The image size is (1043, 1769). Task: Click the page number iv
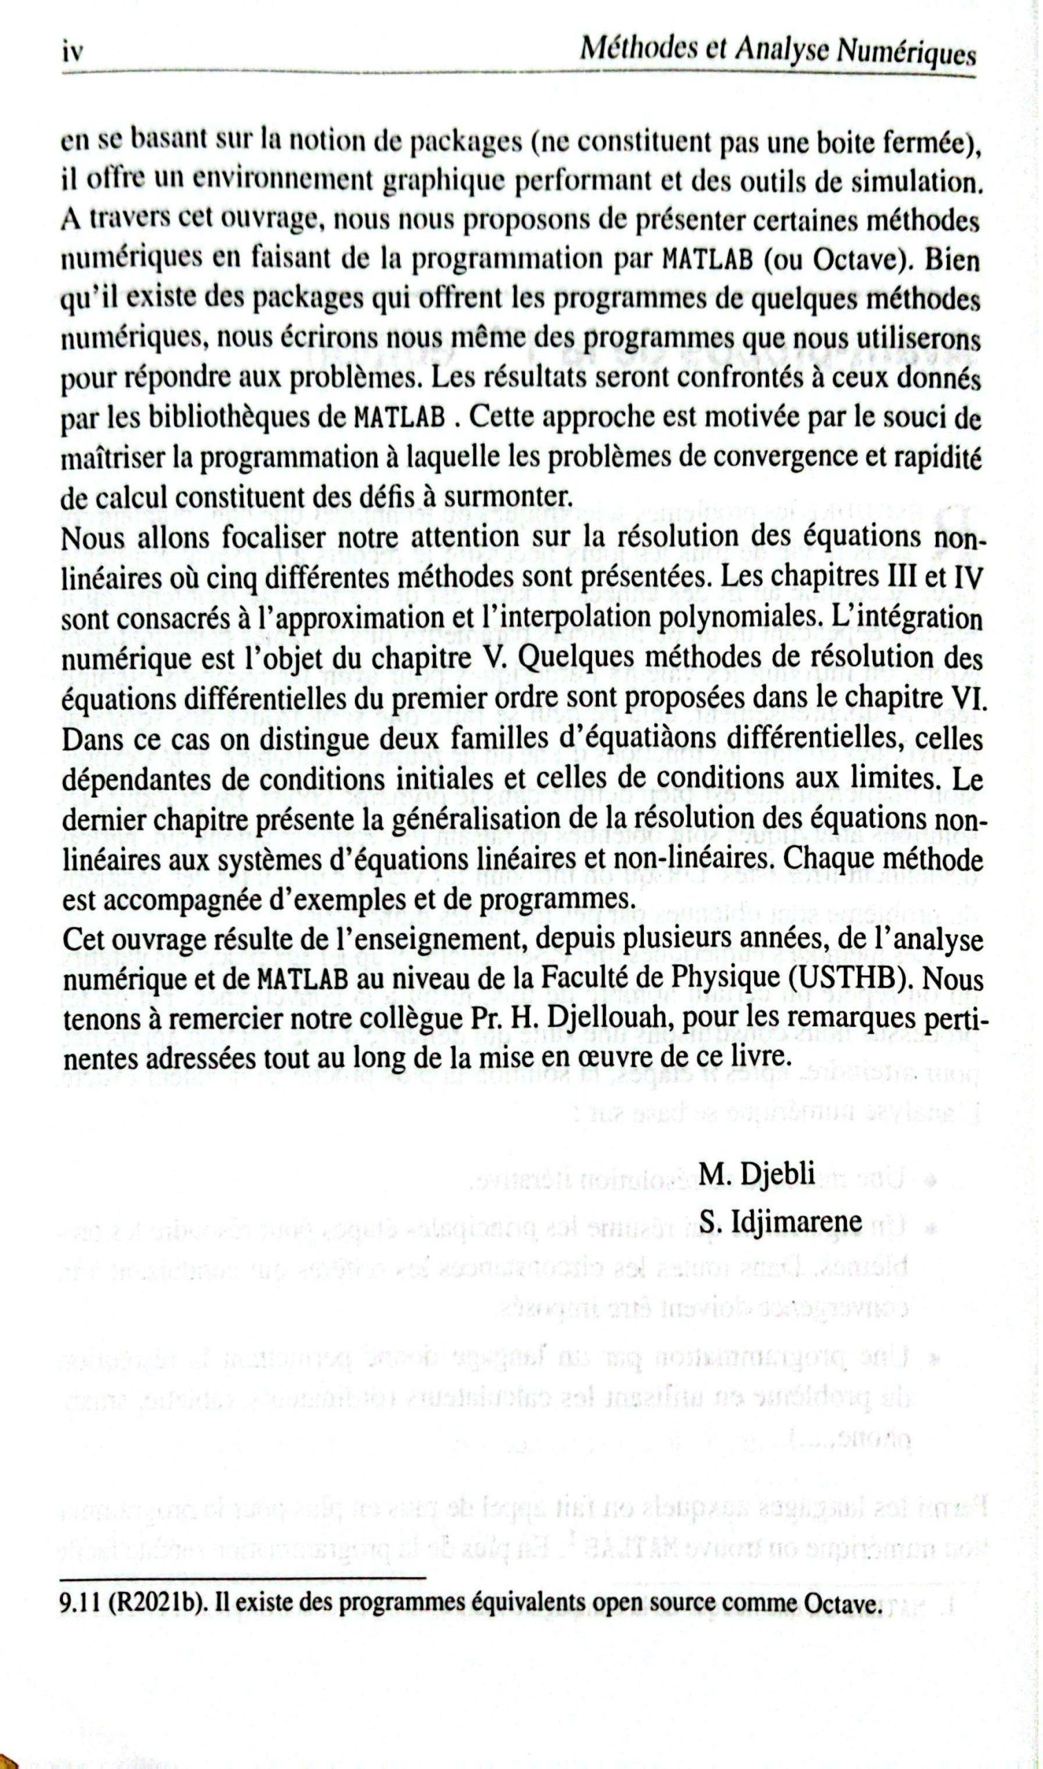tap(72, 53)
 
